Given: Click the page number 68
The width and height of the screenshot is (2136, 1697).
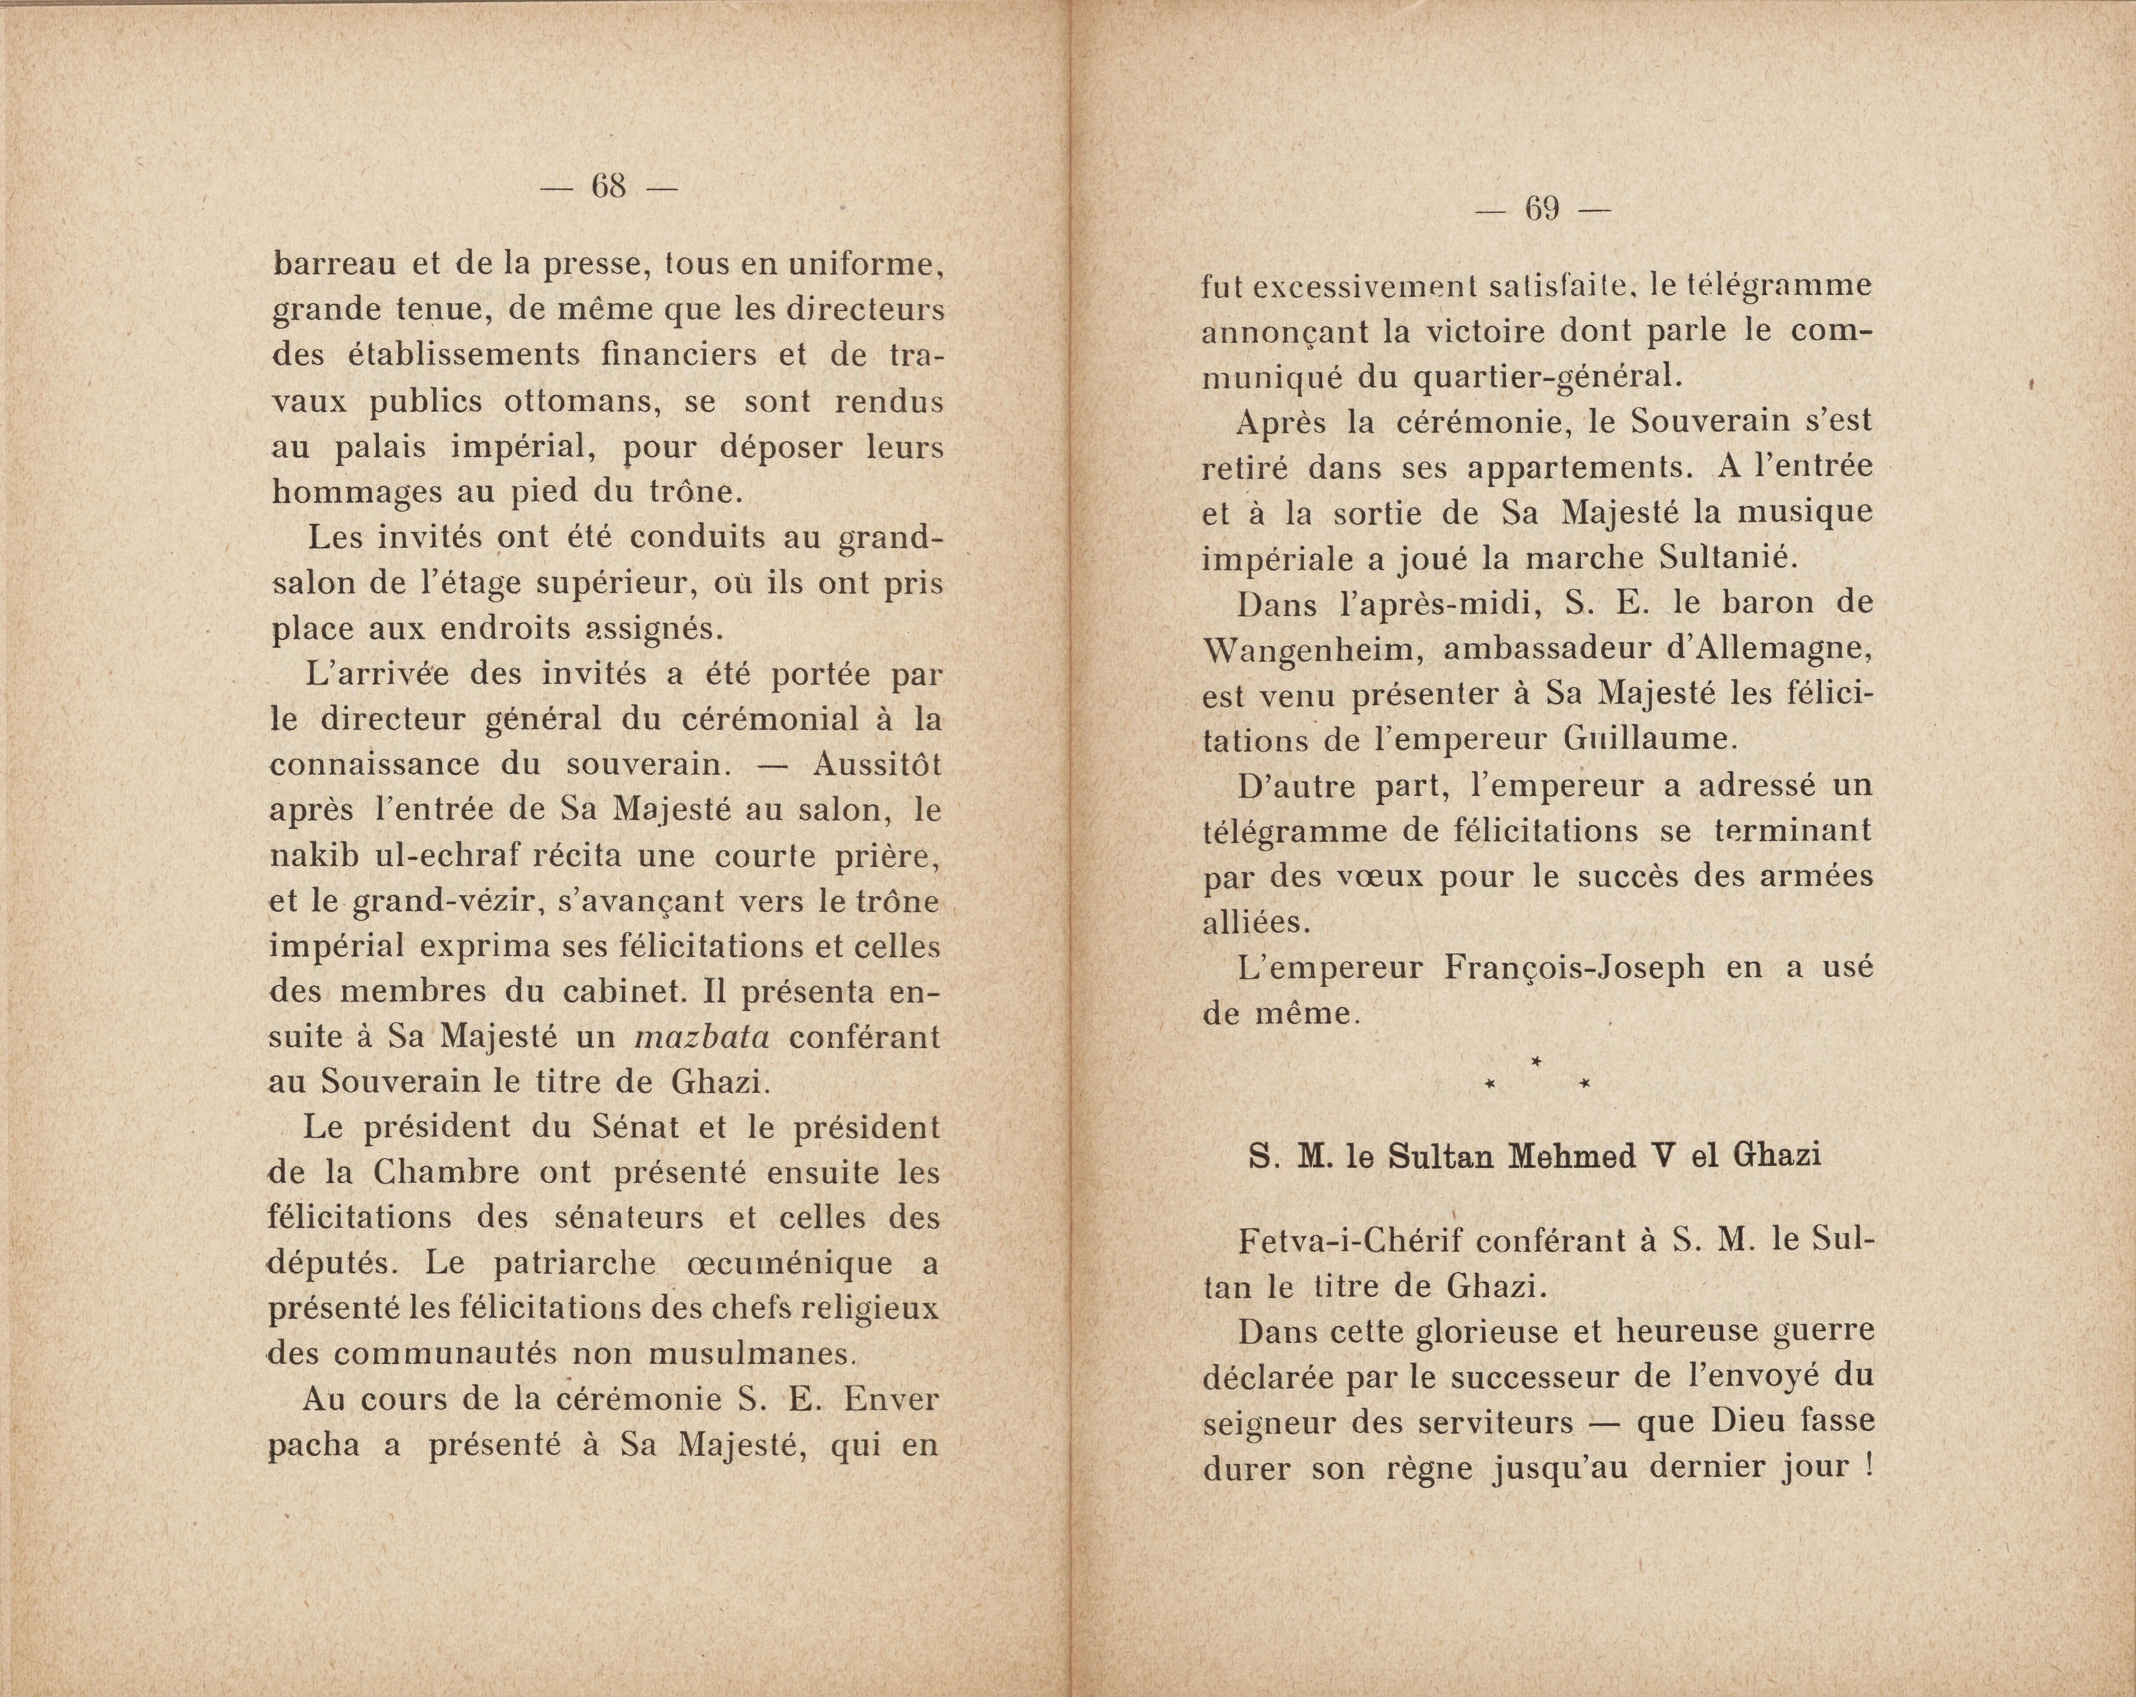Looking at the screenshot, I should coord(608,185).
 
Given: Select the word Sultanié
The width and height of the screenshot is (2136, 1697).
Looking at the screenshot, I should coord(1727,558).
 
